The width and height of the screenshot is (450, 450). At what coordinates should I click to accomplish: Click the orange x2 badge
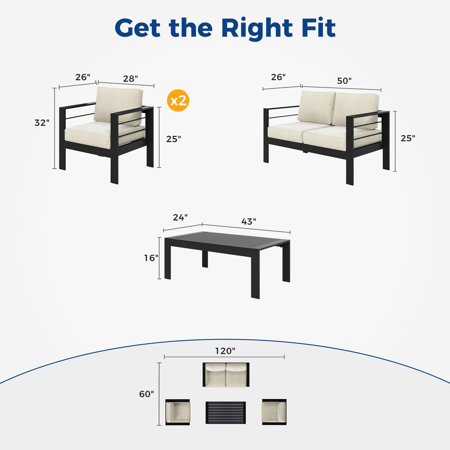coord(178,100)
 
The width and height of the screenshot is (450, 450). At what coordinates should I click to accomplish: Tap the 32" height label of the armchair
coord(42,123)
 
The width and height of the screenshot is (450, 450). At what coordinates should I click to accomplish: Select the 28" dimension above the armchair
coord(130,79)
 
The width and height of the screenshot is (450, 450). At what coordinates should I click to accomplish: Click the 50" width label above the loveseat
coord(344,81)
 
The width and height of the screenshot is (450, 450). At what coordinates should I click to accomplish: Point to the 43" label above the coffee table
coord(249,221)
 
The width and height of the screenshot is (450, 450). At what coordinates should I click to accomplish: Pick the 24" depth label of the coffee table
coord(180,217)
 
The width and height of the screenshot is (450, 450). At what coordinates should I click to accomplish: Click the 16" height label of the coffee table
coord(151,258)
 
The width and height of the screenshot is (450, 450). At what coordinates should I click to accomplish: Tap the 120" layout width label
coord(225,351)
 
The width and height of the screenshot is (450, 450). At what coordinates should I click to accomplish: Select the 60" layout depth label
coord(147,394)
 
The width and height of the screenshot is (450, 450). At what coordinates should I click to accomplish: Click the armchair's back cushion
coord(118,105)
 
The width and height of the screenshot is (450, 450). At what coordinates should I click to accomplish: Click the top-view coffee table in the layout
coord(226,412)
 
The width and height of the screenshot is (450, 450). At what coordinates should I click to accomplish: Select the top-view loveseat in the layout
coord(226,375)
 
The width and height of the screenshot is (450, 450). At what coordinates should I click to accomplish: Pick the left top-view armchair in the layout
coord(178,412)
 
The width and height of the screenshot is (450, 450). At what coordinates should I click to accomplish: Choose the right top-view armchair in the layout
coord(274,412)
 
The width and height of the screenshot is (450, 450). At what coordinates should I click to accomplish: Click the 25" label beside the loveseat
coord(408,138)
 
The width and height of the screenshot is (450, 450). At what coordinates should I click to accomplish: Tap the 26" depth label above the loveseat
coord(278,77)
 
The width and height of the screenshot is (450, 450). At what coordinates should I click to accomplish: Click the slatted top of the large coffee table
coord(228,241)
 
